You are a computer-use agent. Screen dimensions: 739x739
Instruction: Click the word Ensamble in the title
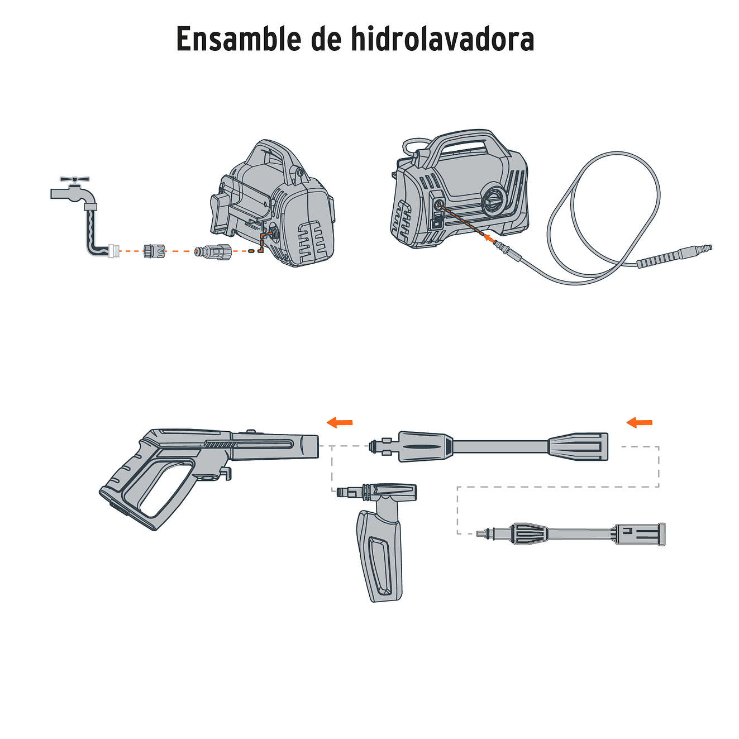237,39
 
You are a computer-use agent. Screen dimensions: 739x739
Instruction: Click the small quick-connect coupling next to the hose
154,251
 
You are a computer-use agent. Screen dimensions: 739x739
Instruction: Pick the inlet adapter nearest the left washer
212,251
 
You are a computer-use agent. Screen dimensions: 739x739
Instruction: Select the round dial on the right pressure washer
494,198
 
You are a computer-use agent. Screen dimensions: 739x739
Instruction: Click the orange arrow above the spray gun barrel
339,422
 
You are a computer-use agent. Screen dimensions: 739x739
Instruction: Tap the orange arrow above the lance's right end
639,422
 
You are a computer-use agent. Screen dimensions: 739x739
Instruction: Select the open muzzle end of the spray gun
310,447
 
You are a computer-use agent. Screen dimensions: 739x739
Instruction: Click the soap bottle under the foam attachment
380,556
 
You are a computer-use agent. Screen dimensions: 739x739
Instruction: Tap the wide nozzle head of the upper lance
579,447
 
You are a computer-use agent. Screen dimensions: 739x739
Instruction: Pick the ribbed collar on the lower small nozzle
527,533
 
